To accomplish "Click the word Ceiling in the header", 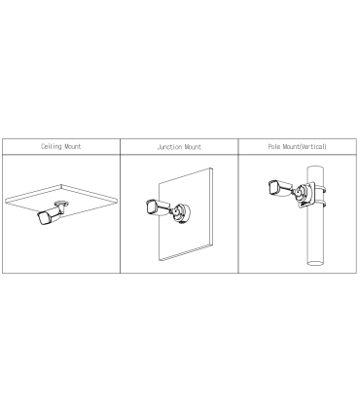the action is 52,146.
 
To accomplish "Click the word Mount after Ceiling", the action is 73,146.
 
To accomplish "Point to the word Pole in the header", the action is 274,147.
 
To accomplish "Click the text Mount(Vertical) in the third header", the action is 305,147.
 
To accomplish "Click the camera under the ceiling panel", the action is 51,213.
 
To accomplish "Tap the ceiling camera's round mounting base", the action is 61,204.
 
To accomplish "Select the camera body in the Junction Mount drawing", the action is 158,207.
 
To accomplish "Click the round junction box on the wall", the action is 181,213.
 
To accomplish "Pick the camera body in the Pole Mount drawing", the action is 280,188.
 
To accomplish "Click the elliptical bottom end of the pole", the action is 315,263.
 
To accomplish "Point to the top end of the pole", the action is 315,168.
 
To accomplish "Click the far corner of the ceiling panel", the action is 61,185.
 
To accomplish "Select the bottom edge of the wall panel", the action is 186,252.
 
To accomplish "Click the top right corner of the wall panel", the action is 211,169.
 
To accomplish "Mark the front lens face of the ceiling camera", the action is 43,219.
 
